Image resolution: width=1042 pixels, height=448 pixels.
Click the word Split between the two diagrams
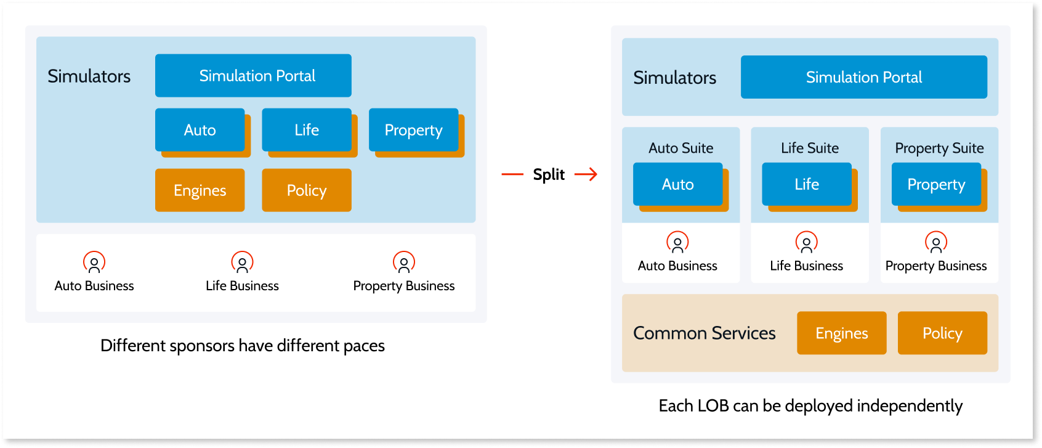click(549, 174)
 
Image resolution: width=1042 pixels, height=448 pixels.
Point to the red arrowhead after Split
click(592, 174)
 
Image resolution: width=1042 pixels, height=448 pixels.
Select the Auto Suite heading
click(681, 148)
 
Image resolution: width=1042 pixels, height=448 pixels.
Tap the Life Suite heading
click(809, 148)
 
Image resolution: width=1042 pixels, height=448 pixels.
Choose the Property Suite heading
click(939, 148)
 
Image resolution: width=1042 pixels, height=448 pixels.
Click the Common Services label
click(705, 333)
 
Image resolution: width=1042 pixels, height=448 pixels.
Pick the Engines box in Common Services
click(841, 333)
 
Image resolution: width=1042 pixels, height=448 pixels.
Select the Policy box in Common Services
click(942, 333)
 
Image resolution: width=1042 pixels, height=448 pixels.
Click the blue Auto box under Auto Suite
click(678, 184)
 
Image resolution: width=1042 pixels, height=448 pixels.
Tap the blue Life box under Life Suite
click(807, 184)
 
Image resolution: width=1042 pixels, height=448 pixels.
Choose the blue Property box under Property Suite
click(937, 184)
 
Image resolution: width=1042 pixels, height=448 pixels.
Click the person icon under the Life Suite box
click(807, 242)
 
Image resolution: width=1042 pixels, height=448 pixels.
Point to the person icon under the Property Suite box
click(936, 242)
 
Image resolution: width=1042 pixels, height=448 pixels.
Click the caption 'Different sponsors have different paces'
click(243, 346)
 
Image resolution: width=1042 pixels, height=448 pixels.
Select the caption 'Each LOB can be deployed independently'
click(810, 406)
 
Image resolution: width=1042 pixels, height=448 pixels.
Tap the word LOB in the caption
click(713, 405)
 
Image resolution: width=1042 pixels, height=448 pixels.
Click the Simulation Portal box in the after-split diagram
click(864, 77)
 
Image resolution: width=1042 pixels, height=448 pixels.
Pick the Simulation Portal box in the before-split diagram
click(253, 75)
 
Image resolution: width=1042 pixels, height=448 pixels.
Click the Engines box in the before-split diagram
click(200, 190)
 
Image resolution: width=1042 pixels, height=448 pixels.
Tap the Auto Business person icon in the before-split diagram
click(94, 262)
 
